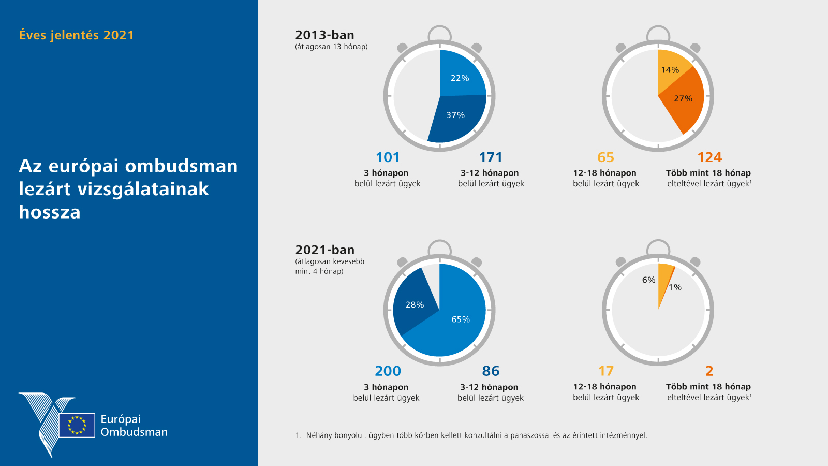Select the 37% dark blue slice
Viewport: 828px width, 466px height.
pyautogui.click(x=456, y=116)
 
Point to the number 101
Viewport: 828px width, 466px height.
pyautogui.click(x=388, y=157)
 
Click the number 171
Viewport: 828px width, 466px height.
pyautogui.click(x=491, y=157)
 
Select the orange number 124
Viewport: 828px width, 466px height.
pyautogui.click(x=709, y=157)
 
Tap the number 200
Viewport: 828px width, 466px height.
pyautogui.click(x=388, y=371)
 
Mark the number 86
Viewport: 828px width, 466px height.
pyautogui.click(x=491, y=371)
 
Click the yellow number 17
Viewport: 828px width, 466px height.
pyautogui.click(x=605, y=371)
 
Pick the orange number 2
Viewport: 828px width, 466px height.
pyautogui.click(x=709, y=371)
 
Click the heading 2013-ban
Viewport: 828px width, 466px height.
pyautogui.click(x=324, y=35)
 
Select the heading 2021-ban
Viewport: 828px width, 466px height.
pyautogui.click(x=324, y=250)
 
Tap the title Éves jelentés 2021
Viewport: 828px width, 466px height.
pyautogui.click(x=77, y=35)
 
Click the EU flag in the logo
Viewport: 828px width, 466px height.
pyautogui.click(x=77, y=425)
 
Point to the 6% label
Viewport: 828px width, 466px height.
pyautogui.click(x=648, y=280)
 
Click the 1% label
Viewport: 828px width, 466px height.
pyautogui.click(x=675, y=287)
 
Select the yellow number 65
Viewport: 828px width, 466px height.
pyautogui.click(x=605, y=157)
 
